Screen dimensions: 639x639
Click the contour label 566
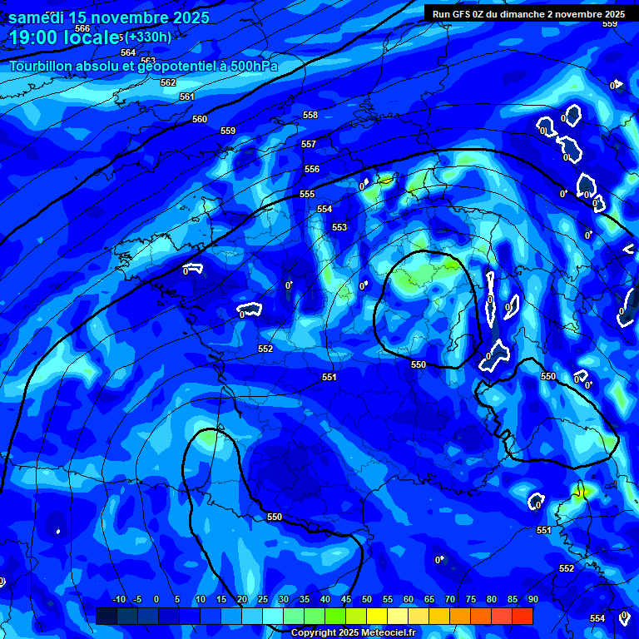82,28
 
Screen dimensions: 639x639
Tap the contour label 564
128,52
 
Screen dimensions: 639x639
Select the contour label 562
168,82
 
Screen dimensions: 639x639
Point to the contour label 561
187,97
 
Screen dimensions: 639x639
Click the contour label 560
200,119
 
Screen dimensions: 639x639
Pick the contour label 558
310,115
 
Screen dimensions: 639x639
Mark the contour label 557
309,144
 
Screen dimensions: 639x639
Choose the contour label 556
312,169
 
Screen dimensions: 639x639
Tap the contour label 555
307,194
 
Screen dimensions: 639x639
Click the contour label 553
339,227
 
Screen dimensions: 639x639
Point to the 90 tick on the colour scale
532,599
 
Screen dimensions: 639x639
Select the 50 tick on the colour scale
367,599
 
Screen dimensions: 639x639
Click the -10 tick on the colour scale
118,599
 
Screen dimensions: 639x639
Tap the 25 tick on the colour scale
263,599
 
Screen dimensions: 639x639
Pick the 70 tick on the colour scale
450,599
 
